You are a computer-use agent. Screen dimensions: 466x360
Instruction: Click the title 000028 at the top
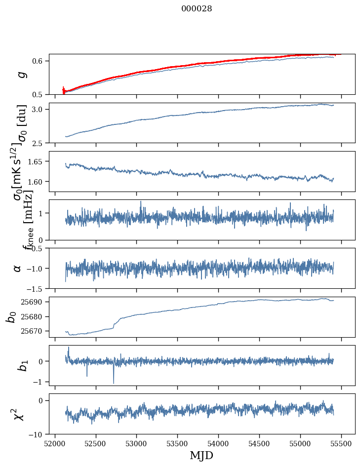click(197, 8)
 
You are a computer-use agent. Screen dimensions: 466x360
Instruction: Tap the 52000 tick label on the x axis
click(55, 443)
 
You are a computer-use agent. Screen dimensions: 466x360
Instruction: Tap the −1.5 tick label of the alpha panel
click(36, 288)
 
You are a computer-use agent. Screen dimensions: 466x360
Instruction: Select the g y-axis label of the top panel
click(21, 74)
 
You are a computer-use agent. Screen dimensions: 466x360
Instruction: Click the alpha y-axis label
click(18, 268)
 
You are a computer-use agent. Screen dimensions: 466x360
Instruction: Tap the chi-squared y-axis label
click(19, 414)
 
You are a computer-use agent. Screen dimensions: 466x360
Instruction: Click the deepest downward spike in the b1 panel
click(114, 383)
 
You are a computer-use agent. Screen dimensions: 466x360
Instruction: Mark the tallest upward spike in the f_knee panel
click(141, 201)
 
